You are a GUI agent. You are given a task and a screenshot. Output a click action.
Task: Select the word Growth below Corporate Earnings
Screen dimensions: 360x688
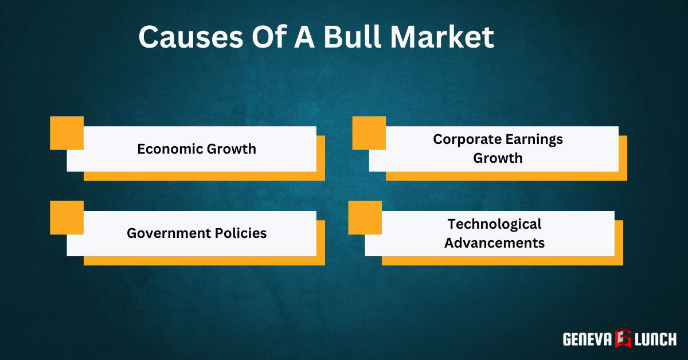498,158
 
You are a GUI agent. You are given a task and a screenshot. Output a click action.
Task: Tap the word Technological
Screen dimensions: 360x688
494,224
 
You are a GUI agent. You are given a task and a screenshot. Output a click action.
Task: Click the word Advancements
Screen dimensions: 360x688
494,242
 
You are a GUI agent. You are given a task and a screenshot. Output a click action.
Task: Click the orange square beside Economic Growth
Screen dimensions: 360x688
67,133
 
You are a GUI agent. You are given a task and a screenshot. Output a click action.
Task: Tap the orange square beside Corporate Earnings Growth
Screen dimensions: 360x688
369,133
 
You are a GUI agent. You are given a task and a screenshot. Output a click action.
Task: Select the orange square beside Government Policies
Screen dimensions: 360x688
67,217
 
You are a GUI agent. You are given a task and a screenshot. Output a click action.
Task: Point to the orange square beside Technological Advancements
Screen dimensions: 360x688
365,217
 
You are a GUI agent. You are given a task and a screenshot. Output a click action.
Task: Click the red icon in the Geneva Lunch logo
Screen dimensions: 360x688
623,338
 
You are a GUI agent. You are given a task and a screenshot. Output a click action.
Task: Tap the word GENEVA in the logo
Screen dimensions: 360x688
587,339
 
